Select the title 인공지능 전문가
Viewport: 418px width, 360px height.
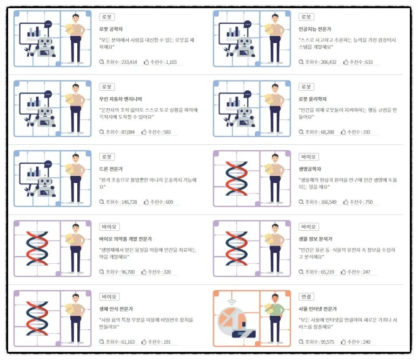tap(314, 29)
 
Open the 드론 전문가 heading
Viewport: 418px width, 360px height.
tap(111, 168)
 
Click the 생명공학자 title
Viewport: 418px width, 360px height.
tap(310, 168)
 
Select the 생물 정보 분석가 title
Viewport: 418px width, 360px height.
tap(315, 238)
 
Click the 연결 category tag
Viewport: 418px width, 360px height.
tap(306, 297)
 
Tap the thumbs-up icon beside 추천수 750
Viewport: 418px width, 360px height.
tap(344, 202)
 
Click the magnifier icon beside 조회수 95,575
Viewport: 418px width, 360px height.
tap(302, 342)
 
